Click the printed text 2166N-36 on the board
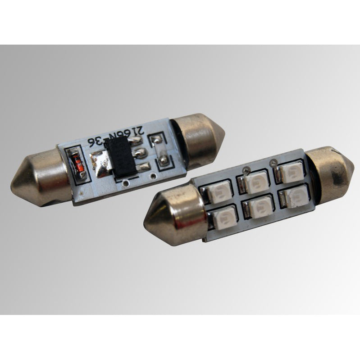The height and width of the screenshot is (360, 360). [115, 138]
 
